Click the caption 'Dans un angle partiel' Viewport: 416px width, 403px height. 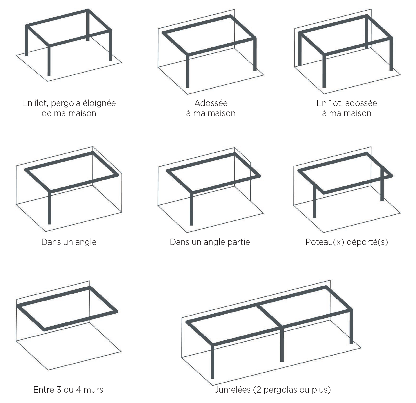pos(211,242)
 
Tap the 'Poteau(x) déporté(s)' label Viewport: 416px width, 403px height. pos(347,242)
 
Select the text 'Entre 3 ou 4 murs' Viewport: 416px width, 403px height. pos(68,389)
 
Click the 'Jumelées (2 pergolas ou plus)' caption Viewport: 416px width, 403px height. pos(273,389)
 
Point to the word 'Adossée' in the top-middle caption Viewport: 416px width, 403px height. pos(211,103)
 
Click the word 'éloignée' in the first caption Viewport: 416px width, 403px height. pos(100,103)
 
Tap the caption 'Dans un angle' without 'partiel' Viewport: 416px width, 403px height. pos(69,242)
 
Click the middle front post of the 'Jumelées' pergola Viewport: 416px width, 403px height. pos(282,344)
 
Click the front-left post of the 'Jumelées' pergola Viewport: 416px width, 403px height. pos(212,361)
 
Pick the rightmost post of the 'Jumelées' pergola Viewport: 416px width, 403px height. pos(351,327)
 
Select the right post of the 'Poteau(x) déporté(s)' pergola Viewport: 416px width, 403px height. pos(382,184)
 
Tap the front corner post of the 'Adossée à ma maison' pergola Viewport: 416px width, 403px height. pos(188,71)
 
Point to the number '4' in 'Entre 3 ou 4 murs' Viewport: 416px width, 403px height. pos(79,390)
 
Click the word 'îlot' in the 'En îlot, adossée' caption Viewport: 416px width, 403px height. pos(333,103)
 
